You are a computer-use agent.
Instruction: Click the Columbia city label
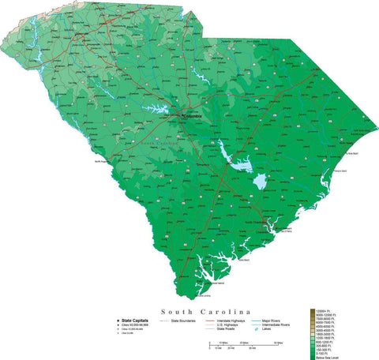tap(192, 117)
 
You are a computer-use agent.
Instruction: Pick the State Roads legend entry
tap(228, 329)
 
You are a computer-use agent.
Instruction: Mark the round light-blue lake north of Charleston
tap(258, 186)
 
